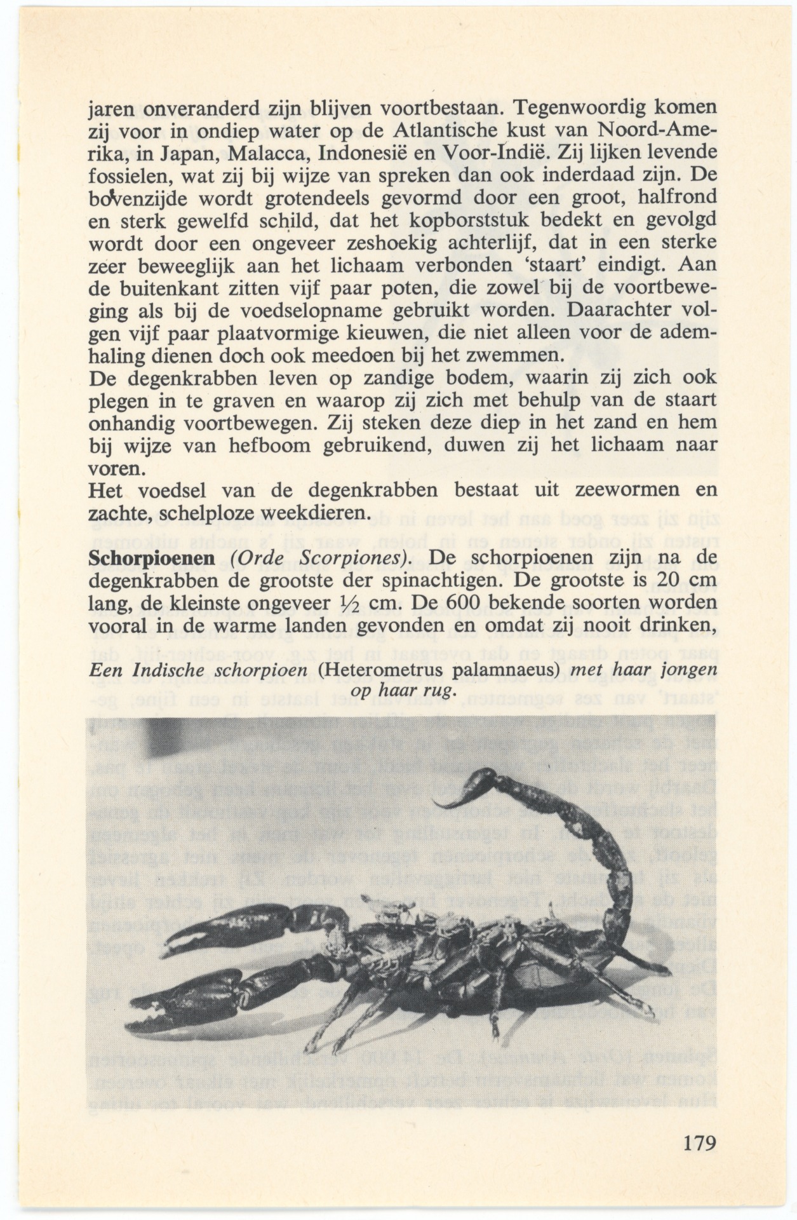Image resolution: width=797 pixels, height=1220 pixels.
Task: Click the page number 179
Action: click(700, 1142)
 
